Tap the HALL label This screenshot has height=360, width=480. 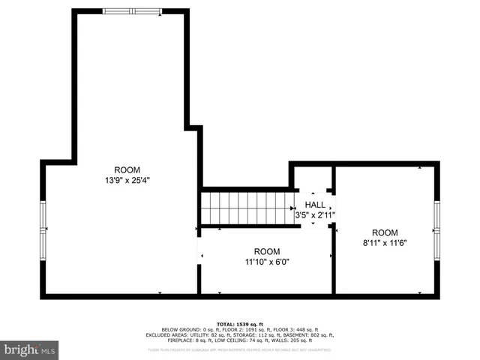pos(315,205)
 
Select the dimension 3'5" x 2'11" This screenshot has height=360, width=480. pos(315,215)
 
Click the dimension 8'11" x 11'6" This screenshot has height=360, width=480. pos(385,243)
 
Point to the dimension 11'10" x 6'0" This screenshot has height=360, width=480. pos(266,262)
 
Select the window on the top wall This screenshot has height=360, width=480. pos(131,11)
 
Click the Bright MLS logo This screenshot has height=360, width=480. pos(30,349)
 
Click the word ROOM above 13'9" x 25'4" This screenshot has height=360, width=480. pos(127,169)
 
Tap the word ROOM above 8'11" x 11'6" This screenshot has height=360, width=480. pos(385,232)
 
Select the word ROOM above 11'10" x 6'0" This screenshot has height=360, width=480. pos(266,251)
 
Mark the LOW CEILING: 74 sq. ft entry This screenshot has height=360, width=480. pos(238,340)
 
